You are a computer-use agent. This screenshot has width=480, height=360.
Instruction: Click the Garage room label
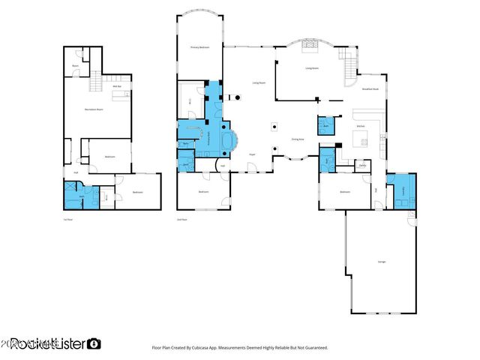[381, 262]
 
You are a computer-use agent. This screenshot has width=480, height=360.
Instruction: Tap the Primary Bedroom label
[199, 47]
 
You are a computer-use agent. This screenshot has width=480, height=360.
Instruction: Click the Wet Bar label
[117, 87]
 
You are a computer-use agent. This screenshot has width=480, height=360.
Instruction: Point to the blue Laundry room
[400, 190]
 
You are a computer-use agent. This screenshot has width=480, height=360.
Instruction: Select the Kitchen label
[361, 125]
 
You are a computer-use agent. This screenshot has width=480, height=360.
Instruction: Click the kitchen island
[359, 142]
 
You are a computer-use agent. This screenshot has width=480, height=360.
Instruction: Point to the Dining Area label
[297, 139]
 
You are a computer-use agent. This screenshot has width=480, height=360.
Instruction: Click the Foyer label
[253, 154]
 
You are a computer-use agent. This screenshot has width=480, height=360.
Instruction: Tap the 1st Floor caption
[67, 219]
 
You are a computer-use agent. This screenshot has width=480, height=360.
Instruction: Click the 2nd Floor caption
[181, 219]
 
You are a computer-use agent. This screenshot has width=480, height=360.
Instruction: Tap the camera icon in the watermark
[94, 343]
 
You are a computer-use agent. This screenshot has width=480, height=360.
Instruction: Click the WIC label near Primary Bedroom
[190, 100]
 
